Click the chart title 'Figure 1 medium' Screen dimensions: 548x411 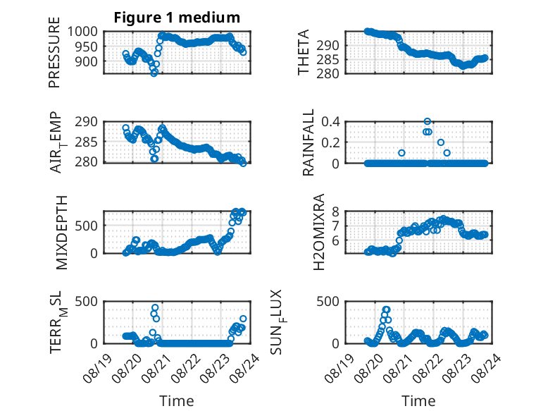click(177, 18)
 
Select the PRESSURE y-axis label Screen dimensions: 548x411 click(54, 52)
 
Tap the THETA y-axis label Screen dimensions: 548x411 click(304, 52)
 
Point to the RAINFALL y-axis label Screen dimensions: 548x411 click(309, 142)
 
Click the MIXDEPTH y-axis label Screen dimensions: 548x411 click(61, 233)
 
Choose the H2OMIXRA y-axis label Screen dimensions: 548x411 click(319, 232)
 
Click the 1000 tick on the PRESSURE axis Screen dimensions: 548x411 click(82, 32)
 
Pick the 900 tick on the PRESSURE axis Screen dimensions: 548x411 click(87, 61)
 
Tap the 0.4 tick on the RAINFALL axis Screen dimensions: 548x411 click(330, 122)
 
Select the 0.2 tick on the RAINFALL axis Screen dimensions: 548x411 click(330, 142)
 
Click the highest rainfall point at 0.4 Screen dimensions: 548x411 click(427, 121)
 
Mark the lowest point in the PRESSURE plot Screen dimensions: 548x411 click(154, 73)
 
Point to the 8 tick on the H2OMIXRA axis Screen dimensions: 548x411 click(336, 211)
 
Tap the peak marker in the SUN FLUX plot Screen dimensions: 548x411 click(386, 309)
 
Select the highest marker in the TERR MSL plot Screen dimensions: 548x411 click(155, 308)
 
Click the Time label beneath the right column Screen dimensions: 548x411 click(418, 401)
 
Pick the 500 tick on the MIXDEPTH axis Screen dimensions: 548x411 click(87, 226)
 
